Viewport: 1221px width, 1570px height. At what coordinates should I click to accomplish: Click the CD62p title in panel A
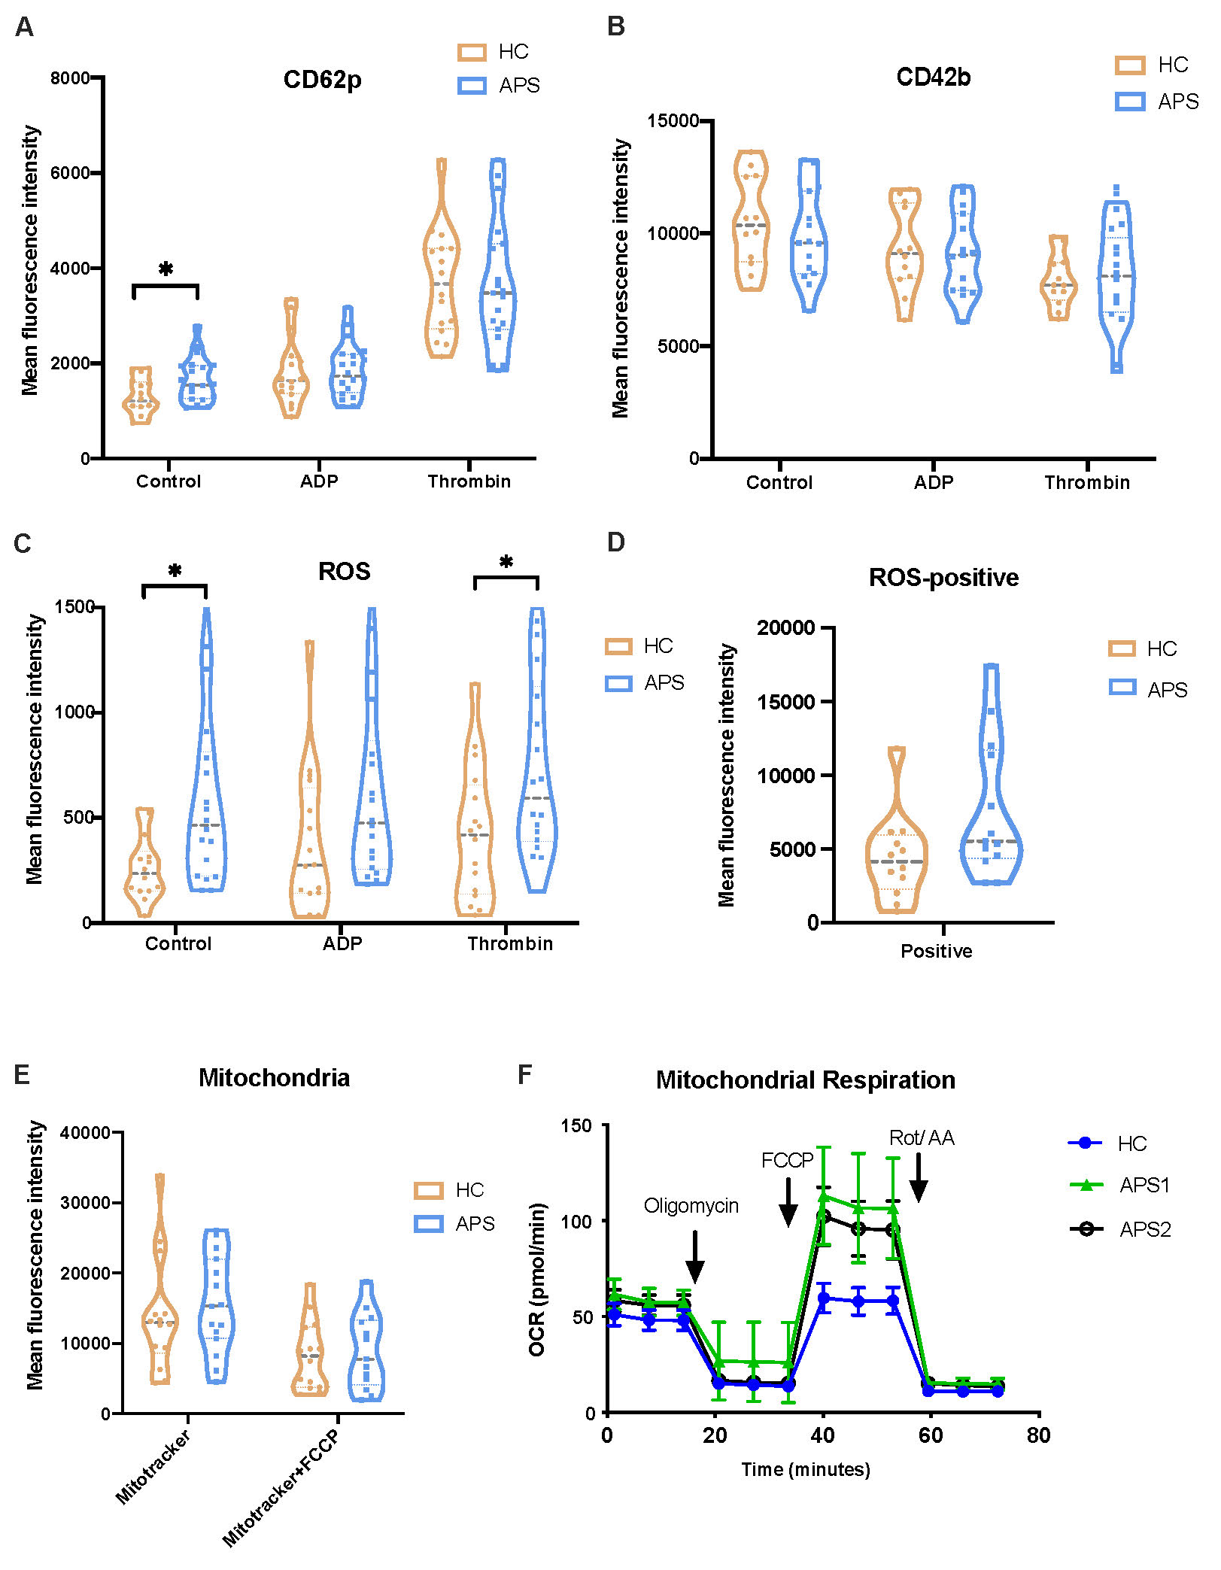pos(322,80)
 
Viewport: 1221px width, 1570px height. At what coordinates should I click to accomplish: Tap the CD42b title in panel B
pos(933,77)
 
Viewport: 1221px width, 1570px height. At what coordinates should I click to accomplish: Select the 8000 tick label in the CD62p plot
pos(70,77)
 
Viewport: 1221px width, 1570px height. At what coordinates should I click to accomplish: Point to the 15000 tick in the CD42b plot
pos(673,121)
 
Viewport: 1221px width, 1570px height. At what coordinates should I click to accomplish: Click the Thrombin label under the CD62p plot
pos(469,481)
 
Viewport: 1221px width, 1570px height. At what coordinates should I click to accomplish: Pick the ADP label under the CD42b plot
pos(933,483)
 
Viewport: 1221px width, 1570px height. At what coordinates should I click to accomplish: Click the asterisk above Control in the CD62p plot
pos(166,269)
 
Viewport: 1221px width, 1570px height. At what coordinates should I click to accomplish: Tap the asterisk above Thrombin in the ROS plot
pos(506,562)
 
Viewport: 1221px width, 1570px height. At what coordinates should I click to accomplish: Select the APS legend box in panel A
pos(472,85)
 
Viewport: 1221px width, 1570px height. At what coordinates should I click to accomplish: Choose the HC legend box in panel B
pos(1130,65)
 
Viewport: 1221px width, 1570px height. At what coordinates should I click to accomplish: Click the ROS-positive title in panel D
pos(943,577)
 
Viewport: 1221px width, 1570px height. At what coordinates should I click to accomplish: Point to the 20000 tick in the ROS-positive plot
pos(785,627)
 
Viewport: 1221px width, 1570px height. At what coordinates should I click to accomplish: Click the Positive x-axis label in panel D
pos(936,951)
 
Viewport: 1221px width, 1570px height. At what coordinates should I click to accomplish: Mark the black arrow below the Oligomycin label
pos(695,1256)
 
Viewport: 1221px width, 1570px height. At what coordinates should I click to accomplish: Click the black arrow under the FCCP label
pos(788,1201)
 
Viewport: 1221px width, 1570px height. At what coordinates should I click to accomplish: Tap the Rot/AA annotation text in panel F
pos(921,1137)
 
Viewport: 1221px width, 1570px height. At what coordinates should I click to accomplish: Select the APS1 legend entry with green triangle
pos(1120,1185)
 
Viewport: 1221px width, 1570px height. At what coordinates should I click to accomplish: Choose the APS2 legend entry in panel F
pos(1120,1229)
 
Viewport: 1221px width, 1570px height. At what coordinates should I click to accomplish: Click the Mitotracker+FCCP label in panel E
pos(281,1487)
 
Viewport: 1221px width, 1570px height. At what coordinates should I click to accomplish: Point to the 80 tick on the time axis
pos(1038,1435)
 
